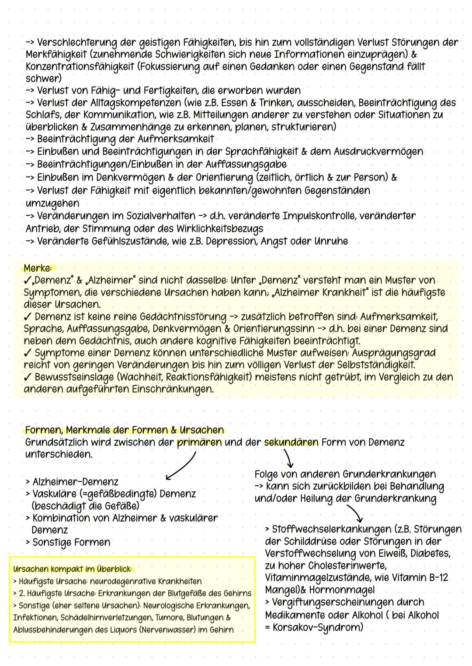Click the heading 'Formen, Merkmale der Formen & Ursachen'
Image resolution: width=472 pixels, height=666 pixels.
125,430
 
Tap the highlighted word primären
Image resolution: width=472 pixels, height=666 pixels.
199,442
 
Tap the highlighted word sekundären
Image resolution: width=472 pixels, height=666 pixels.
291,442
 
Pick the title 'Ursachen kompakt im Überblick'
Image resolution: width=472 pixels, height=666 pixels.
72,569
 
